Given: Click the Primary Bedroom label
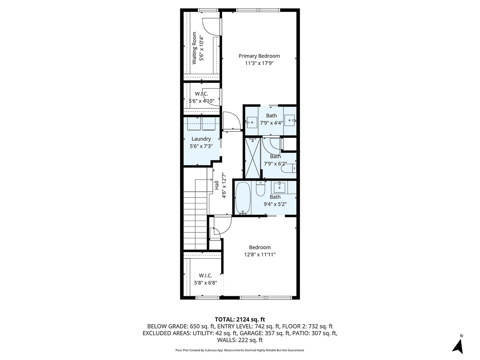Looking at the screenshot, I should click(x=259, y=56).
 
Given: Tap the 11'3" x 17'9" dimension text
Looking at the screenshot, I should click(x=259, y=63).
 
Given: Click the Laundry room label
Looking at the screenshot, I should click(x=201, y=139).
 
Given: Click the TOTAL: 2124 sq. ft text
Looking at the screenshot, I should click(x=240, y=319).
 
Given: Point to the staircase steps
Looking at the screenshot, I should click(x=195, y=223).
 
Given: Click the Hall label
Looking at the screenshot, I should click(x=216, y=185).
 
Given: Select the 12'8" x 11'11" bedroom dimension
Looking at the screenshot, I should click(x=259, y=255).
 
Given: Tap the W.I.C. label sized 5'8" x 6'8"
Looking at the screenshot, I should click(x=206, y=275).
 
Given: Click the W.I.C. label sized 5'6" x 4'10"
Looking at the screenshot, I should click(x=201, y=94).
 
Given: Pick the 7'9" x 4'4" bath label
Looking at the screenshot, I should click(x=271, y=116).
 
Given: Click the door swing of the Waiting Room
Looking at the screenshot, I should click(x=212, y=27).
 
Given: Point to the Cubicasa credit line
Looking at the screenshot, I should click(x=240, y=350).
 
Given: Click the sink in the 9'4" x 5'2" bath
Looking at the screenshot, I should click(x=279, y=188).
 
